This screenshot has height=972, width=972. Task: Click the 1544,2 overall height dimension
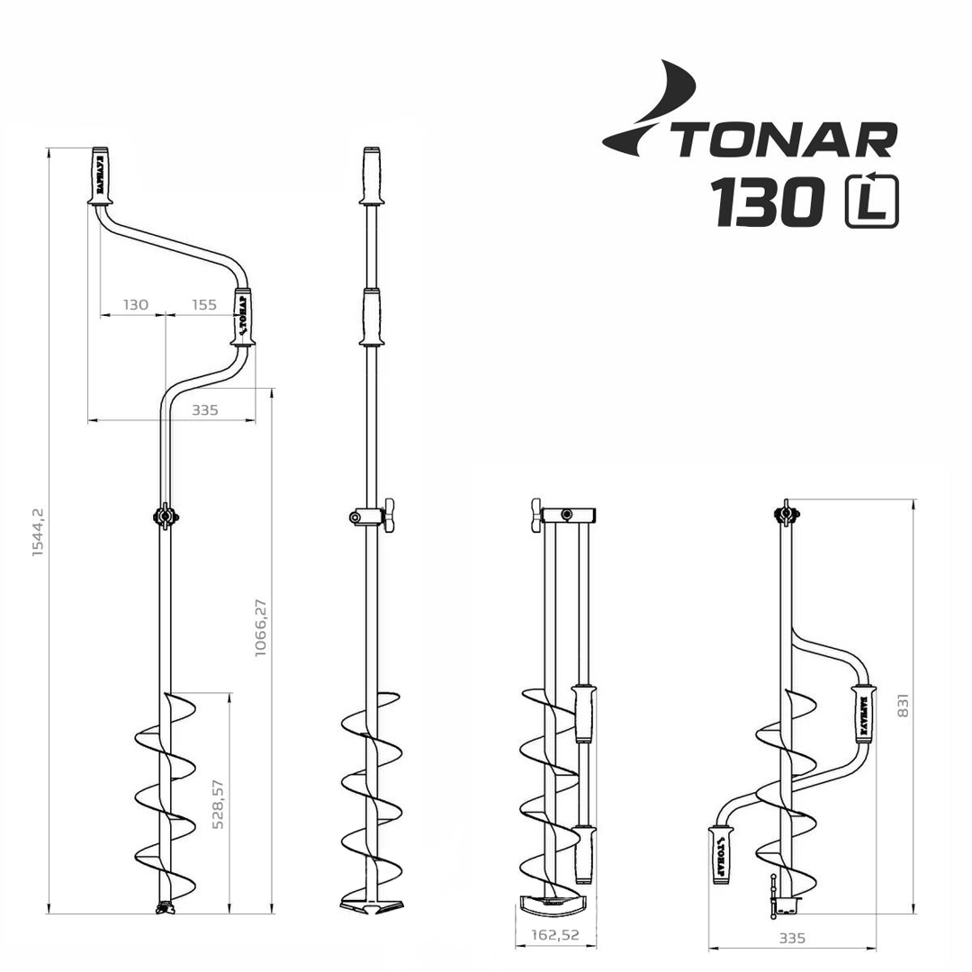39,531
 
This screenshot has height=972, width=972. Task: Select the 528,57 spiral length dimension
218,804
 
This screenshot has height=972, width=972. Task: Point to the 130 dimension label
136,304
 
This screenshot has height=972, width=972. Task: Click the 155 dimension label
204,304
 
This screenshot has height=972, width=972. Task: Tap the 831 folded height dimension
904,705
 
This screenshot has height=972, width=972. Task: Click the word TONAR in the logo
785,139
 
